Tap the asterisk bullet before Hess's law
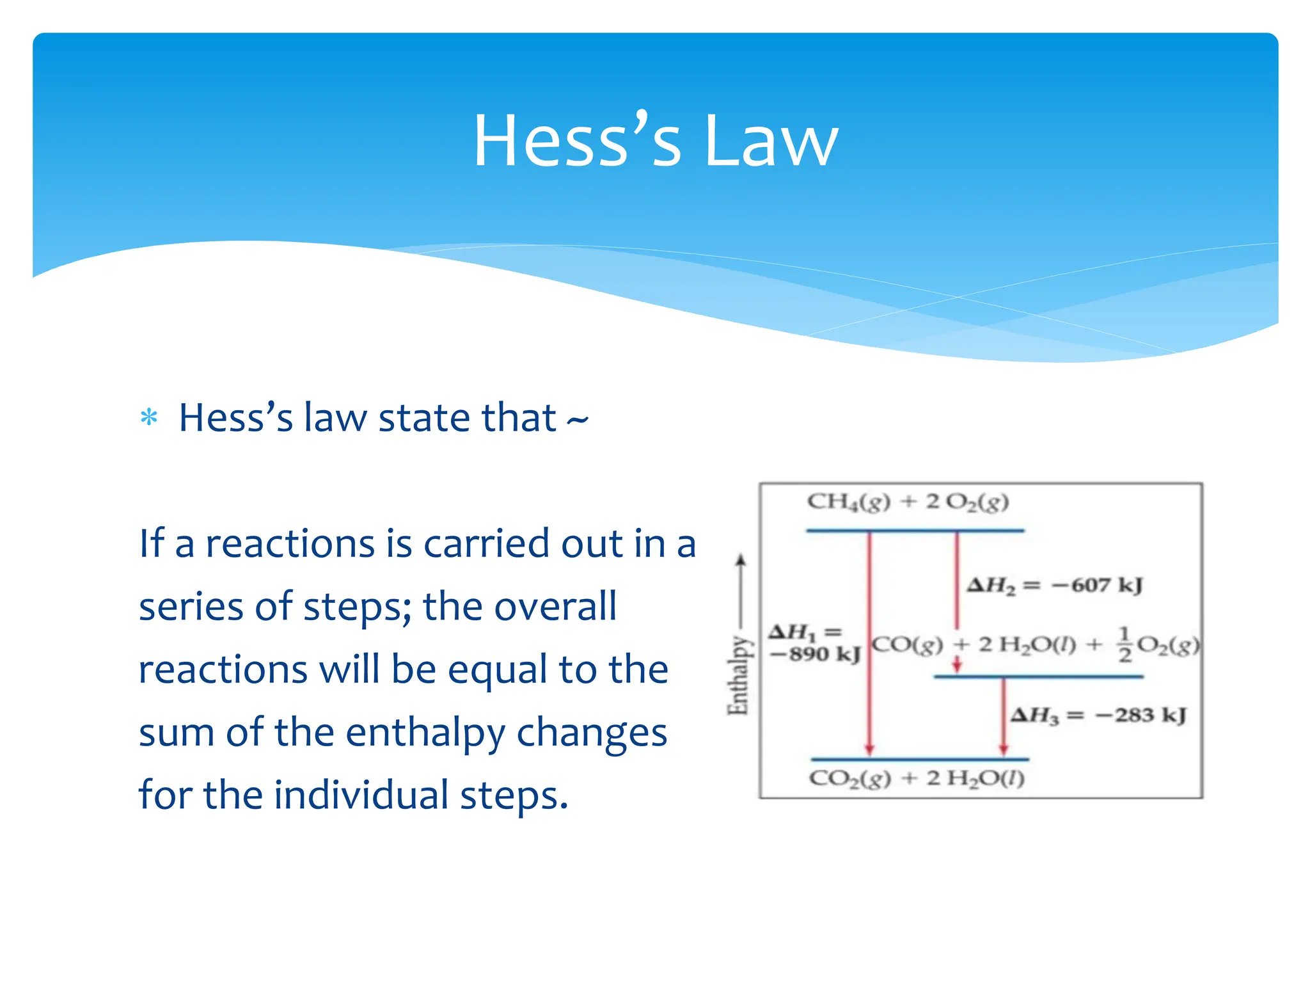coord(148,418)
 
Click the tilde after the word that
coord(577,420)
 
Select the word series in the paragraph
coord(191,607)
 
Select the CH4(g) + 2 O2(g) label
coord(908,502)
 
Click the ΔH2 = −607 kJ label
coord(1054,585)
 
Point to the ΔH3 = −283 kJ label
coord(1098,715)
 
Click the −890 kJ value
coord(815,654)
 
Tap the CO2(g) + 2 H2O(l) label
coord(917,779)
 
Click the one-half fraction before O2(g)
coord(1124,644)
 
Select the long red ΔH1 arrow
coord(869,640)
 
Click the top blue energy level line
coord(915,531)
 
